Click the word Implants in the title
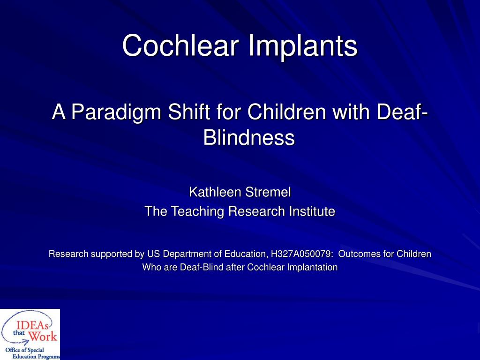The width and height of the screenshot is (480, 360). tap(302, 46)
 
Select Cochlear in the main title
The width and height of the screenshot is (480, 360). tap(180, 46)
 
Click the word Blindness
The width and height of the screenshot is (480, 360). tap(249, 137)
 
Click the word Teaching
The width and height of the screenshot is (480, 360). tap(198, 211)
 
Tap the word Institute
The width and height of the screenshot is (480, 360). tap(308, 211)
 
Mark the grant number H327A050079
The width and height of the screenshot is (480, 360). tap(298, 254)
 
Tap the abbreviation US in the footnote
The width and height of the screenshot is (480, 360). tap(153, 254)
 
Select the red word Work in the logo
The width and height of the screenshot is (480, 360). tap(43, 336)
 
